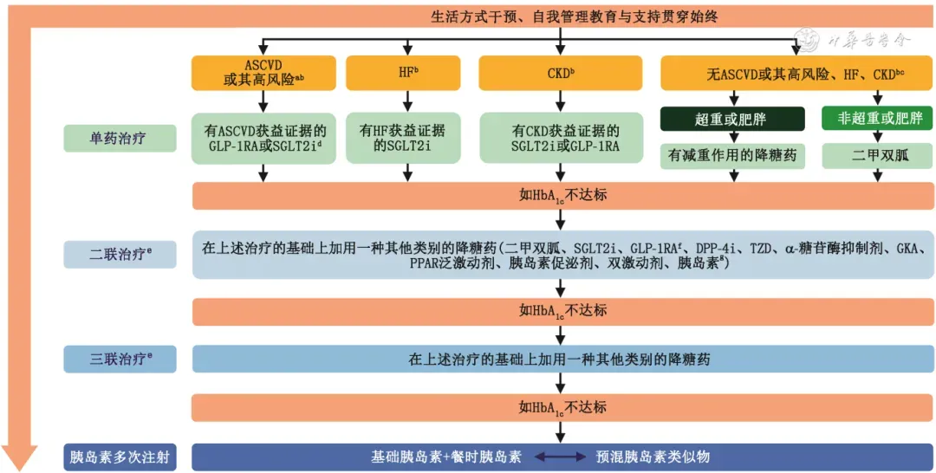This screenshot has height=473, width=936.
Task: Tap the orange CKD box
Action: click(561, 73)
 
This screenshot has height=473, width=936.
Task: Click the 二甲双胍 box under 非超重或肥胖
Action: click(876, 156)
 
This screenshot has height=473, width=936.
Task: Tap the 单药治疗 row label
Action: click(120, 139)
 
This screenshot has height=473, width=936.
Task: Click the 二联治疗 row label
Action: click(120, 255)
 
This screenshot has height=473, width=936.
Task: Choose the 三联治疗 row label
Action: click(120, 359)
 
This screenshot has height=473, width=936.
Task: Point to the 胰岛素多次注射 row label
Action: click(120, 457)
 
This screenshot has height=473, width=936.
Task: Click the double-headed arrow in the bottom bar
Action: click(559, 457)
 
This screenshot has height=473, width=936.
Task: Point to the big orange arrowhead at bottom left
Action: click(19, 456)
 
